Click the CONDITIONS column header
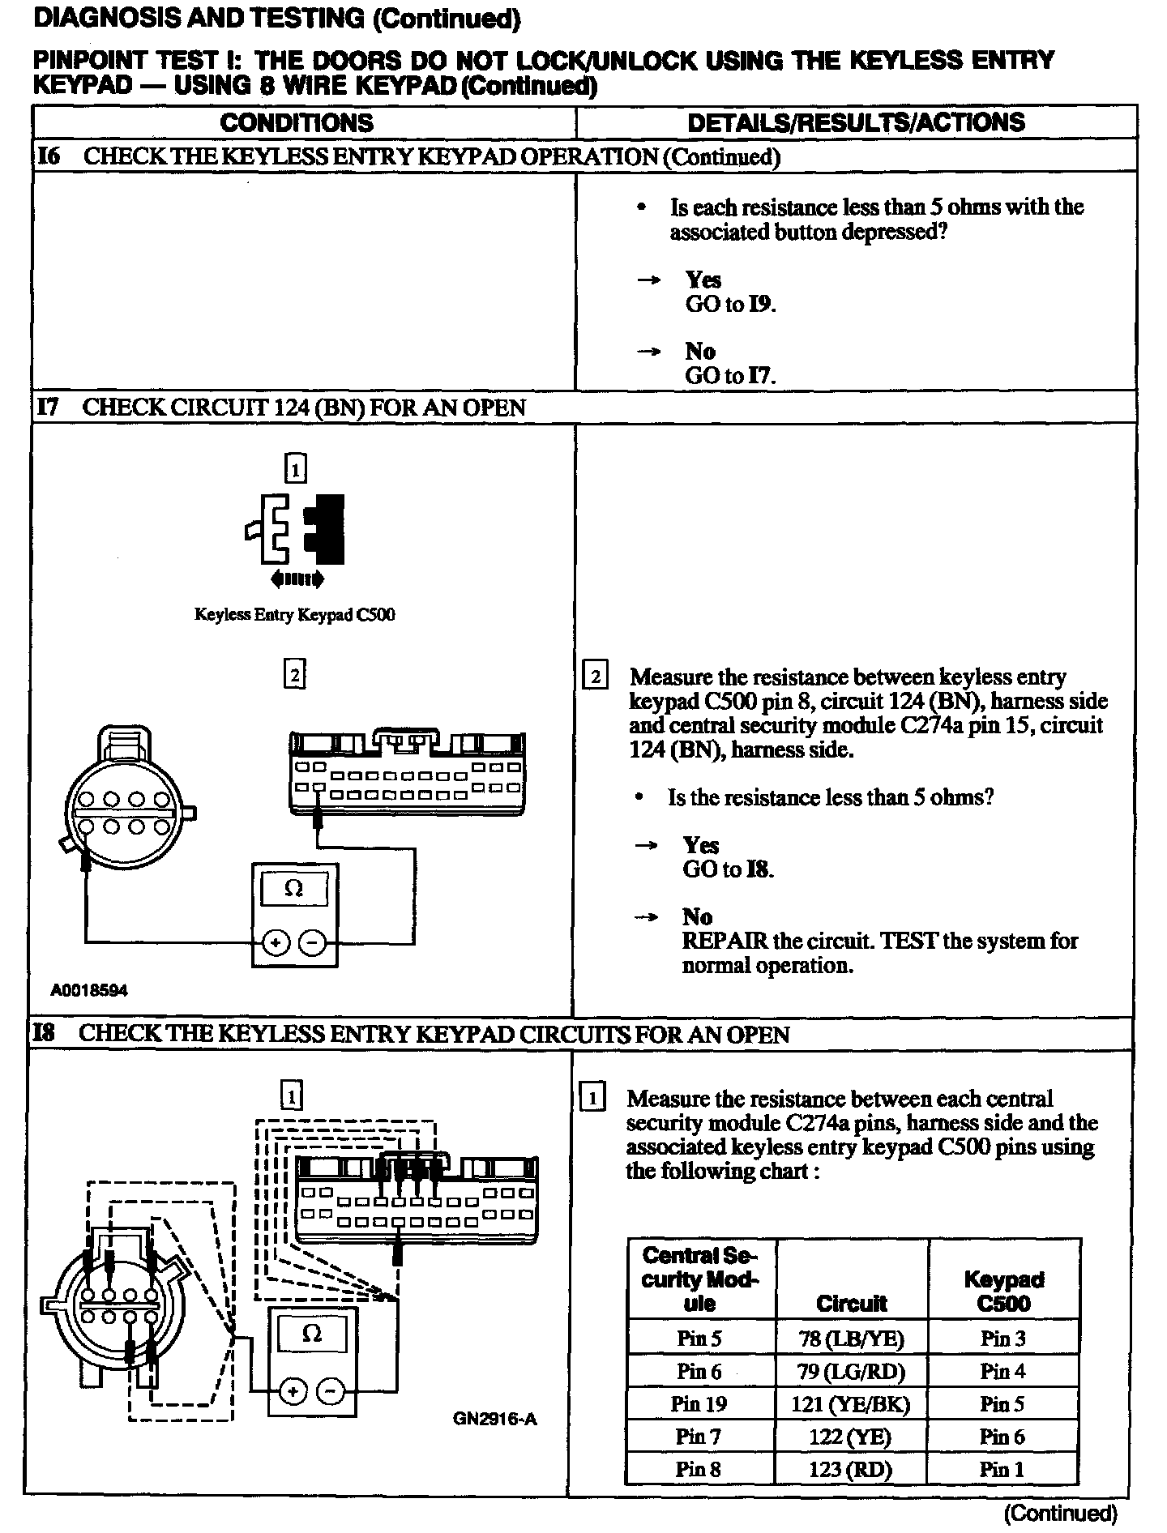297,123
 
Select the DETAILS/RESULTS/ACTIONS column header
856,123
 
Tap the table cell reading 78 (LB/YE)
851,1338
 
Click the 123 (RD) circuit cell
851,1469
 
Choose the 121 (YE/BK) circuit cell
851,1403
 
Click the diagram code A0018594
89,990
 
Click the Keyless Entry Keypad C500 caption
295,614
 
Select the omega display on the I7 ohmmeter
294,889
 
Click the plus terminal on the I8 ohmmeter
293,1391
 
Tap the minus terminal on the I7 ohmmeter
313,942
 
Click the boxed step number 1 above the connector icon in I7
296,468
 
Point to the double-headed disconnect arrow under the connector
297,579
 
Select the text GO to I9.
730,305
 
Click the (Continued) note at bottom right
1060,1512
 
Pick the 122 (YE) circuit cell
851,1437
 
